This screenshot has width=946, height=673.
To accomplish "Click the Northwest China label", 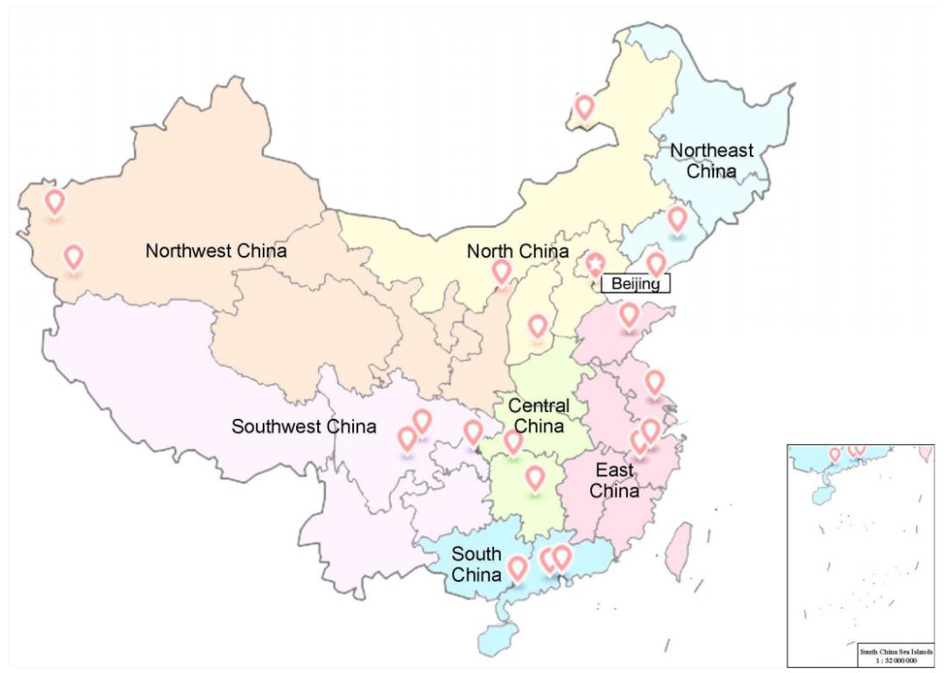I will click(x=215, y=251).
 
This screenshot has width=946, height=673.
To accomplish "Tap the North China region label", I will click(x=517, y=251).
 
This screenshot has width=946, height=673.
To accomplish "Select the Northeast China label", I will click(x=711, y=160).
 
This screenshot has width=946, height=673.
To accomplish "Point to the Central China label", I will click(x=539, y=415).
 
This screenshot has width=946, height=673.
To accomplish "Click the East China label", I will click(x=614, y=481).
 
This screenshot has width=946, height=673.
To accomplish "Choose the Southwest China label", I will click(x=304, y=427).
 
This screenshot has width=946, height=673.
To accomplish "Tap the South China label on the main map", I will click(x=477, y=564).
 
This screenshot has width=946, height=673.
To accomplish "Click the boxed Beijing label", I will click(x=636, y=283).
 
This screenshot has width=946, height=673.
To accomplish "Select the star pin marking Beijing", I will click(x=596, y=263).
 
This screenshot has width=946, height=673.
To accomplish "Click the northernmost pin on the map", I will click(x=584, y=107).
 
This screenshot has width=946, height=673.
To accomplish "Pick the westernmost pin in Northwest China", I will click(x=55, y=202).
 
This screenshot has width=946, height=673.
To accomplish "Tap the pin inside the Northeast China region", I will click(x=677, y=218).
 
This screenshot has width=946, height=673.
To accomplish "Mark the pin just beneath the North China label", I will click(x=502, y=272).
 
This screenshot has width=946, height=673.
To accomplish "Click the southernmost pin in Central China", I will click(x=534, y=478).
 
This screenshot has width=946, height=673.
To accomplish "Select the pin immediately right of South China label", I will click(x=518, y=568).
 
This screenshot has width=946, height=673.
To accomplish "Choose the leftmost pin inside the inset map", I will click(x=835, y=454).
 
